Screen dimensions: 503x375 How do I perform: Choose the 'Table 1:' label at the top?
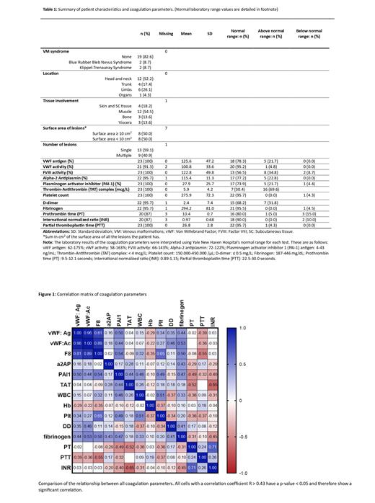[x=50, y=6]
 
